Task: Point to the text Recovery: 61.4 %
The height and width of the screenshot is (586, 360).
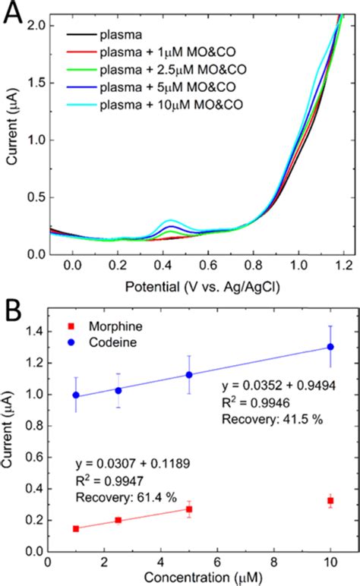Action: pyautogui.click(x=124, y=497)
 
